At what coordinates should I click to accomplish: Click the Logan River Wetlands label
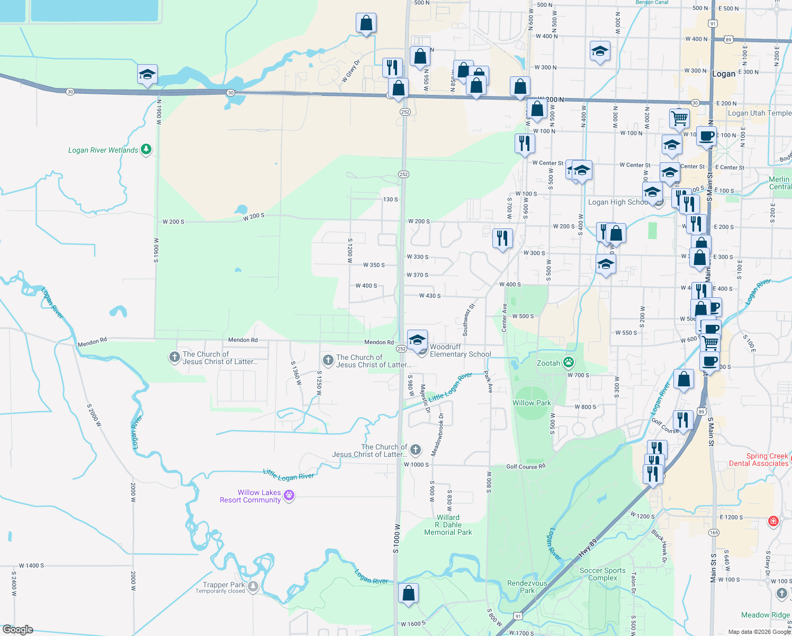tap(103, 151)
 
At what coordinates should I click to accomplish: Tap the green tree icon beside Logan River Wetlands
tap(146, 149)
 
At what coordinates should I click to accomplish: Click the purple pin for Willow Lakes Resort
tap(289, 496)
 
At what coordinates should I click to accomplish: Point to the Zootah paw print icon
tap(569, 363)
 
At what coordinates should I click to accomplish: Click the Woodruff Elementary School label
tap(460, 350)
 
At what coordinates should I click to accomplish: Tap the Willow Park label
tap(532, 403)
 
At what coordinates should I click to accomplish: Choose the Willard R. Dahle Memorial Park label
tap(448, 525)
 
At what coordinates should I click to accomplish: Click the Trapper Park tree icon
tap(253, 586)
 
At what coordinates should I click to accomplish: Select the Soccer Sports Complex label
tap(602, 574)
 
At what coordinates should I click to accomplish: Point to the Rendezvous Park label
tap(527, 587)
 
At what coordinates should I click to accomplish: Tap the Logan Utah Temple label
tap(759, 113)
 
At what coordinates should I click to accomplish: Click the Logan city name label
tap(724, 74)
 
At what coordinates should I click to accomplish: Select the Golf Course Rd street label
tap(525, 466)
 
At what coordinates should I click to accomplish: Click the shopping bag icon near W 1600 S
tap(408, 593)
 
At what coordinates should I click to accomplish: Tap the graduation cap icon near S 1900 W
tap(147, 75)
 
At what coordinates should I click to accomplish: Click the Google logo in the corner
tap(18, 630)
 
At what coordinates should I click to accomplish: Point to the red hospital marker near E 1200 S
tap(773, 522)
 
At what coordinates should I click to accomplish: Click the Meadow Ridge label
tap(765, 615)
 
